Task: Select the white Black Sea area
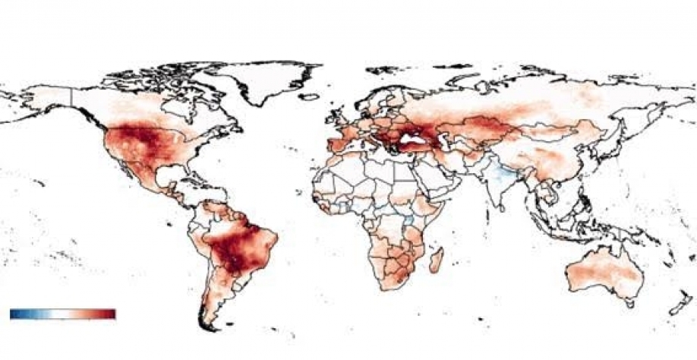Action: click(x=415, y=141)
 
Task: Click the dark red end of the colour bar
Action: click(x=110, y=314)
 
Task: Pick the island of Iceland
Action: click(x=308, y=97)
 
